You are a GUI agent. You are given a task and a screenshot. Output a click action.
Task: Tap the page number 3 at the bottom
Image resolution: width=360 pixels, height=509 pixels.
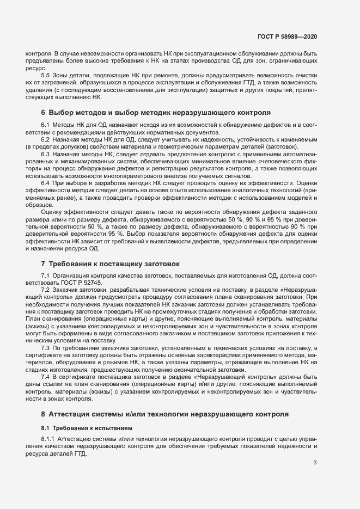[x=315, y=463]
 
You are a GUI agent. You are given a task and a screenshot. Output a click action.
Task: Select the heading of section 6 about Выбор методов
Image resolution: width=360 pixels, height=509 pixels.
[x=156, y=113]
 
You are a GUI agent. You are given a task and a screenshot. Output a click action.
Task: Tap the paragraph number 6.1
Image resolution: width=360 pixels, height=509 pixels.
[x=46, y=126]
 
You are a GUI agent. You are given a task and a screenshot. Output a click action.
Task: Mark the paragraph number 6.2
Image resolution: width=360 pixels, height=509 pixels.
[x=46, y=140]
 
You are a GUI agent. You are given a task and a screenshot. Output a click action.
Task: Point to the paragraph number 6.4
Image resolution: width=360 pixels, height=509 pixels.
[x=46, y=183]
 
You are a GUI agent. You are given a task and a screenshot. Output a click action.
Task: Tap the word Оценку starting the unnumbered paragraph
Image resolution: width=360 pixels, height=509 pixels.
[x=52, y=212]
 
